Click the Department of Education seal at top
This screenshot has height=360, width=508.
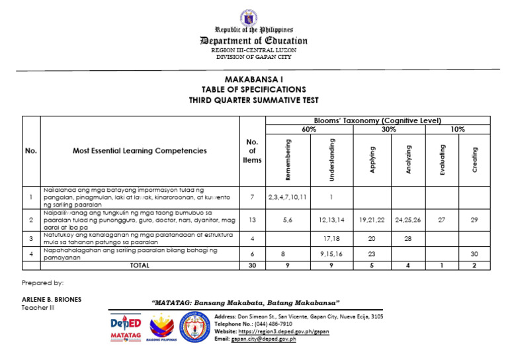pyautogui.click(x=254, y=17)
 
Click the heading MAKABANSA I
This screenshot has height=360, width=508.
pyautogui.click(x=254, y=79)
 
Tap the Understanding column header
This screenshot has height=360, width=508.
pyautogui.click(x=331, y=159)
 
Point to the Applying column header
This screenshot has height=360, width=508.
pyautogui.click(x=373, y=160)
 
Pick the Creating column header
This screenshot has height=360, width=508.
pyautogui.click(x=475, y=160)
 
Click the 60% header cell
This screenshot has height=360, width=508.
pyautogui.click(x=309, y=130)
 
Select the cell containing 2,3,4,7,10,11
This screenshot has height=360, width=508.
pyautogui.click(x=287, y=197)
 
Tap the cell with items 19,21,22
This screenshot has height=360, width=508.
pyautogui.click(x=373, y=220)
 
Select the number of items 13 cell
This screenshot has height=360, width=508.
pyautogui.click(x=251, y=220)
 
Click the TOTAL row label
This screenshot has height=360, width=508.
pyautogui.click(x=140, y=265)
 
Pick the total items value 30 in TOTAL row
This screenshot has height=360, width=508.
pyautogui.click(x=251, y=265)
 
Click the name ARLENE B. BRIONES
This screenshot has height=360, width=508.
pyautogui.click(x=52, y=299)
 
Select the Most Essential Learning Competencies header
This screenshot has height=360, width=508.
pyautogui.click(x=140, y=151)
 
